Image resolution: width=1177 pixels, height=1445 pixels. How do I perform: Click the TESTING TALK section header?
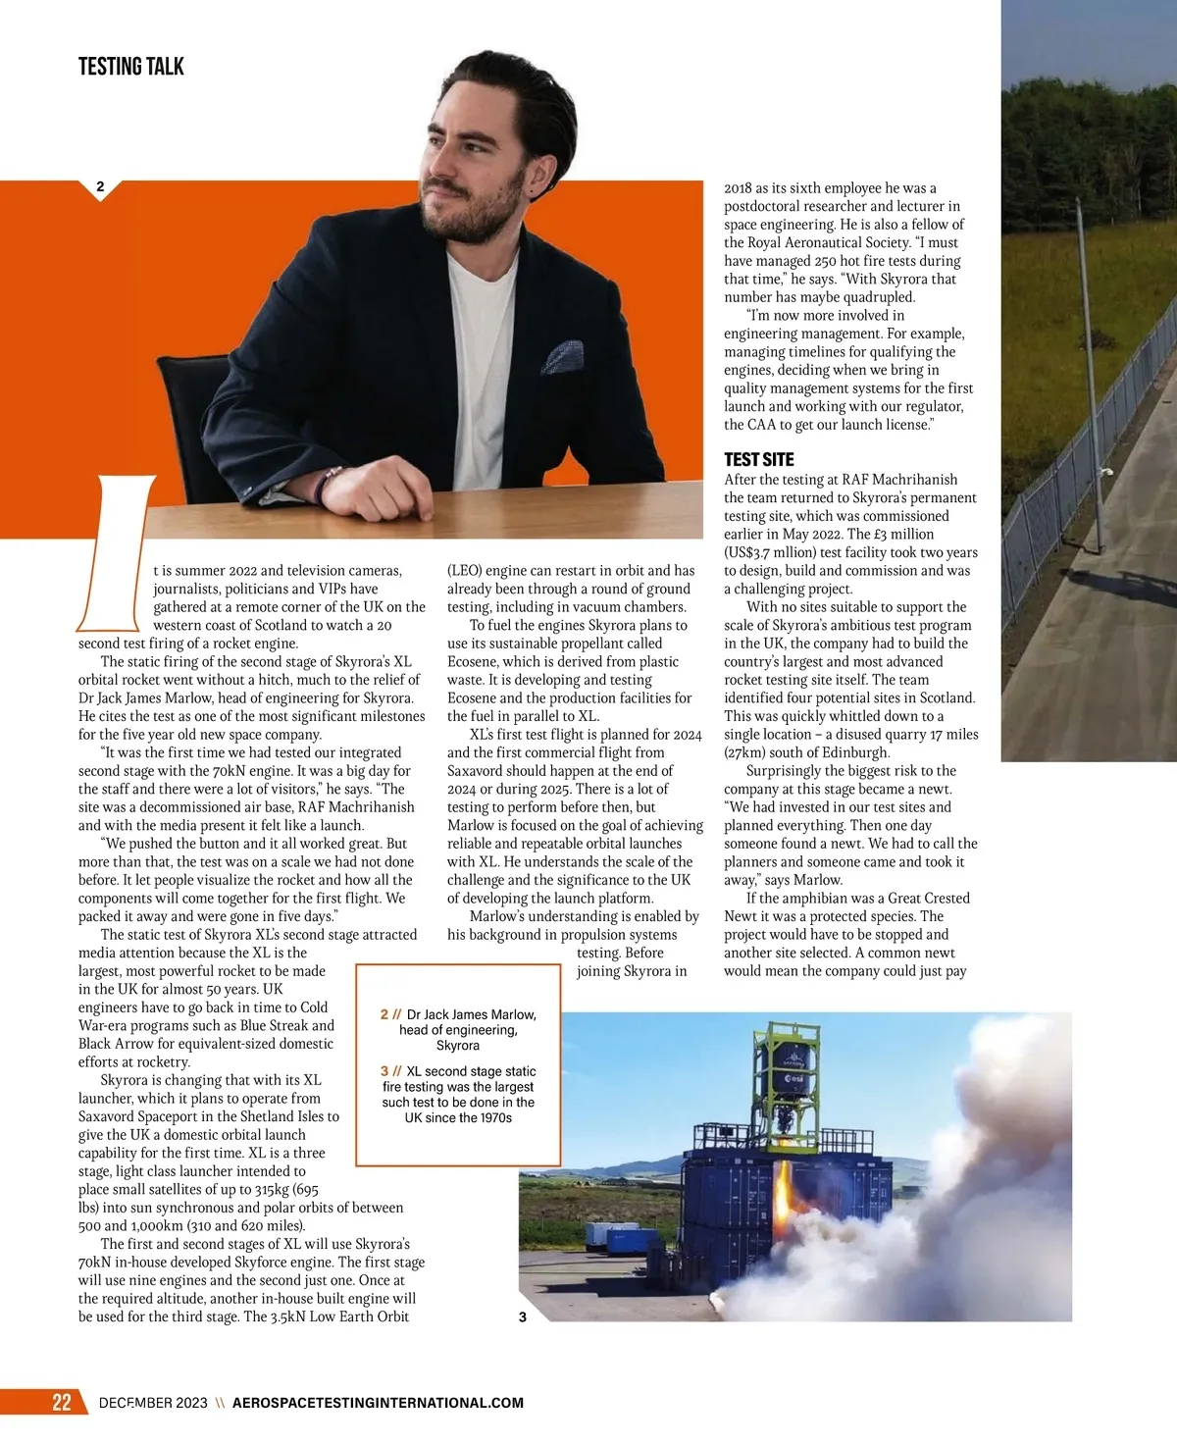[130, 67]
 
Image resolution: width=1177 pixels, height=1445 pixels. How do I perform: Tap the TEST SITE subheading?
[758, 459]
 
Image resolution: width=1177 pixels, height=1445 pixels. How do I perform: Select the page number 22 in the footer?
[61, 1402]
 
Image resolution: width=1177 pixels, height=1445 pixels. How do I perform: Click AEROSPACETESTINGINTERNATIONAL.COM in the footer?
[378, 1403]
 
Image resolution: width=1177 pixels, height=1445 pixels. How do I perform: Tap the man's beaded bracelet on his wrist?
[331, 482]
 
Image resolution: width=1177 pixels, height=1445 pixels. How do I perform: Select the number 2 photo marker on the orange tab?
[100, 186]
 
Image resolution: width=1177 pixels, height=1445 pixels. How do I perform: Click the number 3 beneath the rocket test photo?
[522, 1316]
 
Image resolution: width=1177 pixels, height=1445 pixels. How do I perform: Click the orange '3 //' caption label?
[391, 1071]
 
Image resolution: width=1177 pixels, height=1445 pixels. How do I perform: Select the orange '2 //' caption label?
[390, 1014]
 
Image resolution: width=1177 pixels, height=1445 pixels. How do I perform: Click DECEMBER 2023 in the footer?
[153, 1403]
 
